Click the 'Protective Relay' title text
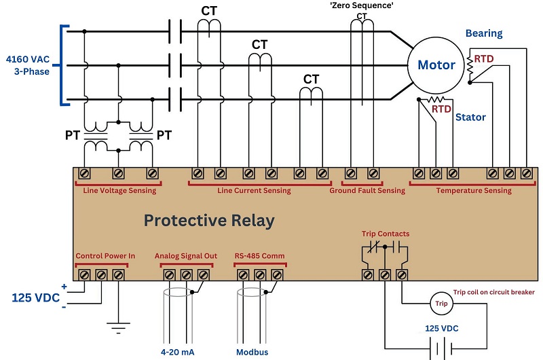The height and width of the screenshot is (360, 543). tap(209, 221)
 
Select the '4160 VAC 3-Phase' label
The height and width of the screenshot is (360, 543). tap(28, 65)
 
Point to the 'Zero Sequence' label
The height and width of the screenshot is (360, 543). tap(362, 5)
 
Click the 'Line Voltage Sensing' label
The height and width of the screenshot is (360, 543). tap(119, 191)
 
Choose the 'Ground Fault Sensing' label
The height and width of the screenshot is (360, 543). tap(367, 191)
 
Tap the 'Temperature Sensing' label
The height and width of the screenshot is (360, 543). tap(474, 191)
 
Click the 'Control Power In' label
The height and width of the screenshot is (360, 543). tap(105, 255)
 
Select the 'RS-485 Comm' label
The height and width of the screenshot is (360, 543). tap(259, 255)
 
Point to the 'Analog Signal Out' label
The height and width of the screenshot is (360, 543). tap(185, 255)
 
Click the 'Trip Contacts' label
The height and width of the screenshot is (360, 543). tap(386, 234)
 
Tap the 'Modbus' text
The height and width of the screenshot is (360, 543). tap(252, 353)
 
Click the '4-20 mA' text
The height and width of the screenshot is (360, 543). tap(177, 353)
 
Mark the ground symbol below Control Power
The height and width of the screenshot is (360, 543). tap(118, 327)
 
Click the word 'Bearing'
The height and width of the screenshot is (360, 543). tap(484, 33)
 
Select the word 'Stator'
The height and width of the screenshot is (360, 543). tap(470, 117)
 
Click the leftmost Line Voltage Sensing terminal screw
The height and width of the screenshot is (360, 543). tap(84, 173)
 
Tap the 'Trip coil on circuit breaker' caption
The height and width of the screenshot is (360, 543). tap(494, 292)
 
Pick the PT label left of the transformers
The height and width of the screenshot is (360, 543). tap(73, 135)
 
